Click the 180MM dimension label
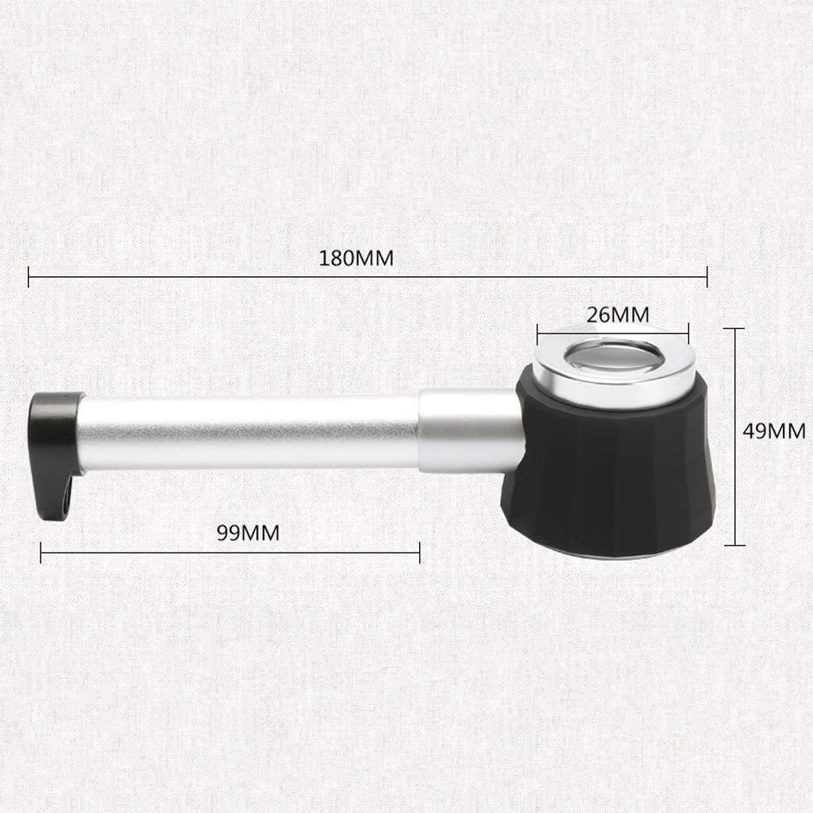pos(356,258)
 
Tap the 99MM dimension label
pos(248,533)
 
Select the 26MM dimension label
pos(618,314)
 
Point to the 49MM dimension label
pos(774,431)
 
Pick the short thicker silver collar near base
pos(469,430)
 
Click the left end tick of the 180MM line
pos(29,276)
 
